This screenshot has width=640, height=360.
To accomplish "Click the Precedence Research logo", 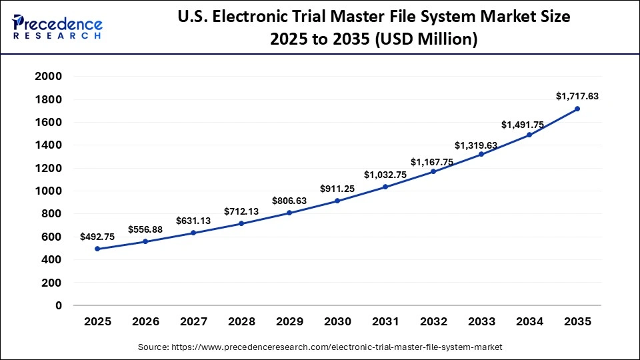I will tap(57, 27).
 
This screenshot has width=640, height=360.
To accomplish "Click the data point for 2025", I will tap(98, 249).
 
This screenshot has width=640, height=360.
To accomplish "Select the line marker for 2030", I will tap(337, 201).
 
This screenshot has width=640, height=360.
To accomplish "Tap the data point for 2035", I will tap(577, 109).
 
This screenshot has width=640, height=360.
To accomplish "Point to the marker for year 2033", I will tap(481, 154).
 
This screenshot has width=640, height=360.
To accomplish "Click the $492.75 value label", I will tap(98, 236).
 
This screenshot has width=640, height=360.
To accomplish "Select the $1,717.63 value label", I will tap(577, 96).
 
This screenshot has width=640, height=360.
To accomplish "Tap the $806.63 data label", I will tap(290, 200).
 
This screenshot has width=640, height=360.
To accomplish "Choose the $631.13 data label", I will tap(194, 221).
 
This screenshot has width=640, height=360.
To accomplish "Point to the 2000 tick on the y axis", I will tap(48, 77).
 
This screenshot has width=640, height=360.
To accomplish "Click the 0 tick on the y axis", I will tap(59, 305).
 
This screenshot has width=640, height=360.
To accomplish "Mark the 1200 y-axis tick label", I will tap(48, 168).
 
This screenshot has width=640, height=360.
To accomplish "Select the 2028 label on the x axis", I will tap(242, 321).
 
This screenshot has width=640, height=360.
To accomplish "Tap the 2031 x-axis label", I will tap(385, 321).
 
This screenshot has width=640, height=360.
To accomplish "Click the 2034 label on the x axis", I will tap(529, 321).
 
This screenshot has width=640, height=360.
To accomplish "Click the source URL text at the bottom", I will tap(320, 347).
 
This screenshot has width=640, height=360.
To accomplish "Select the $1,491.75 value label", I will tap(529, 124).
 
